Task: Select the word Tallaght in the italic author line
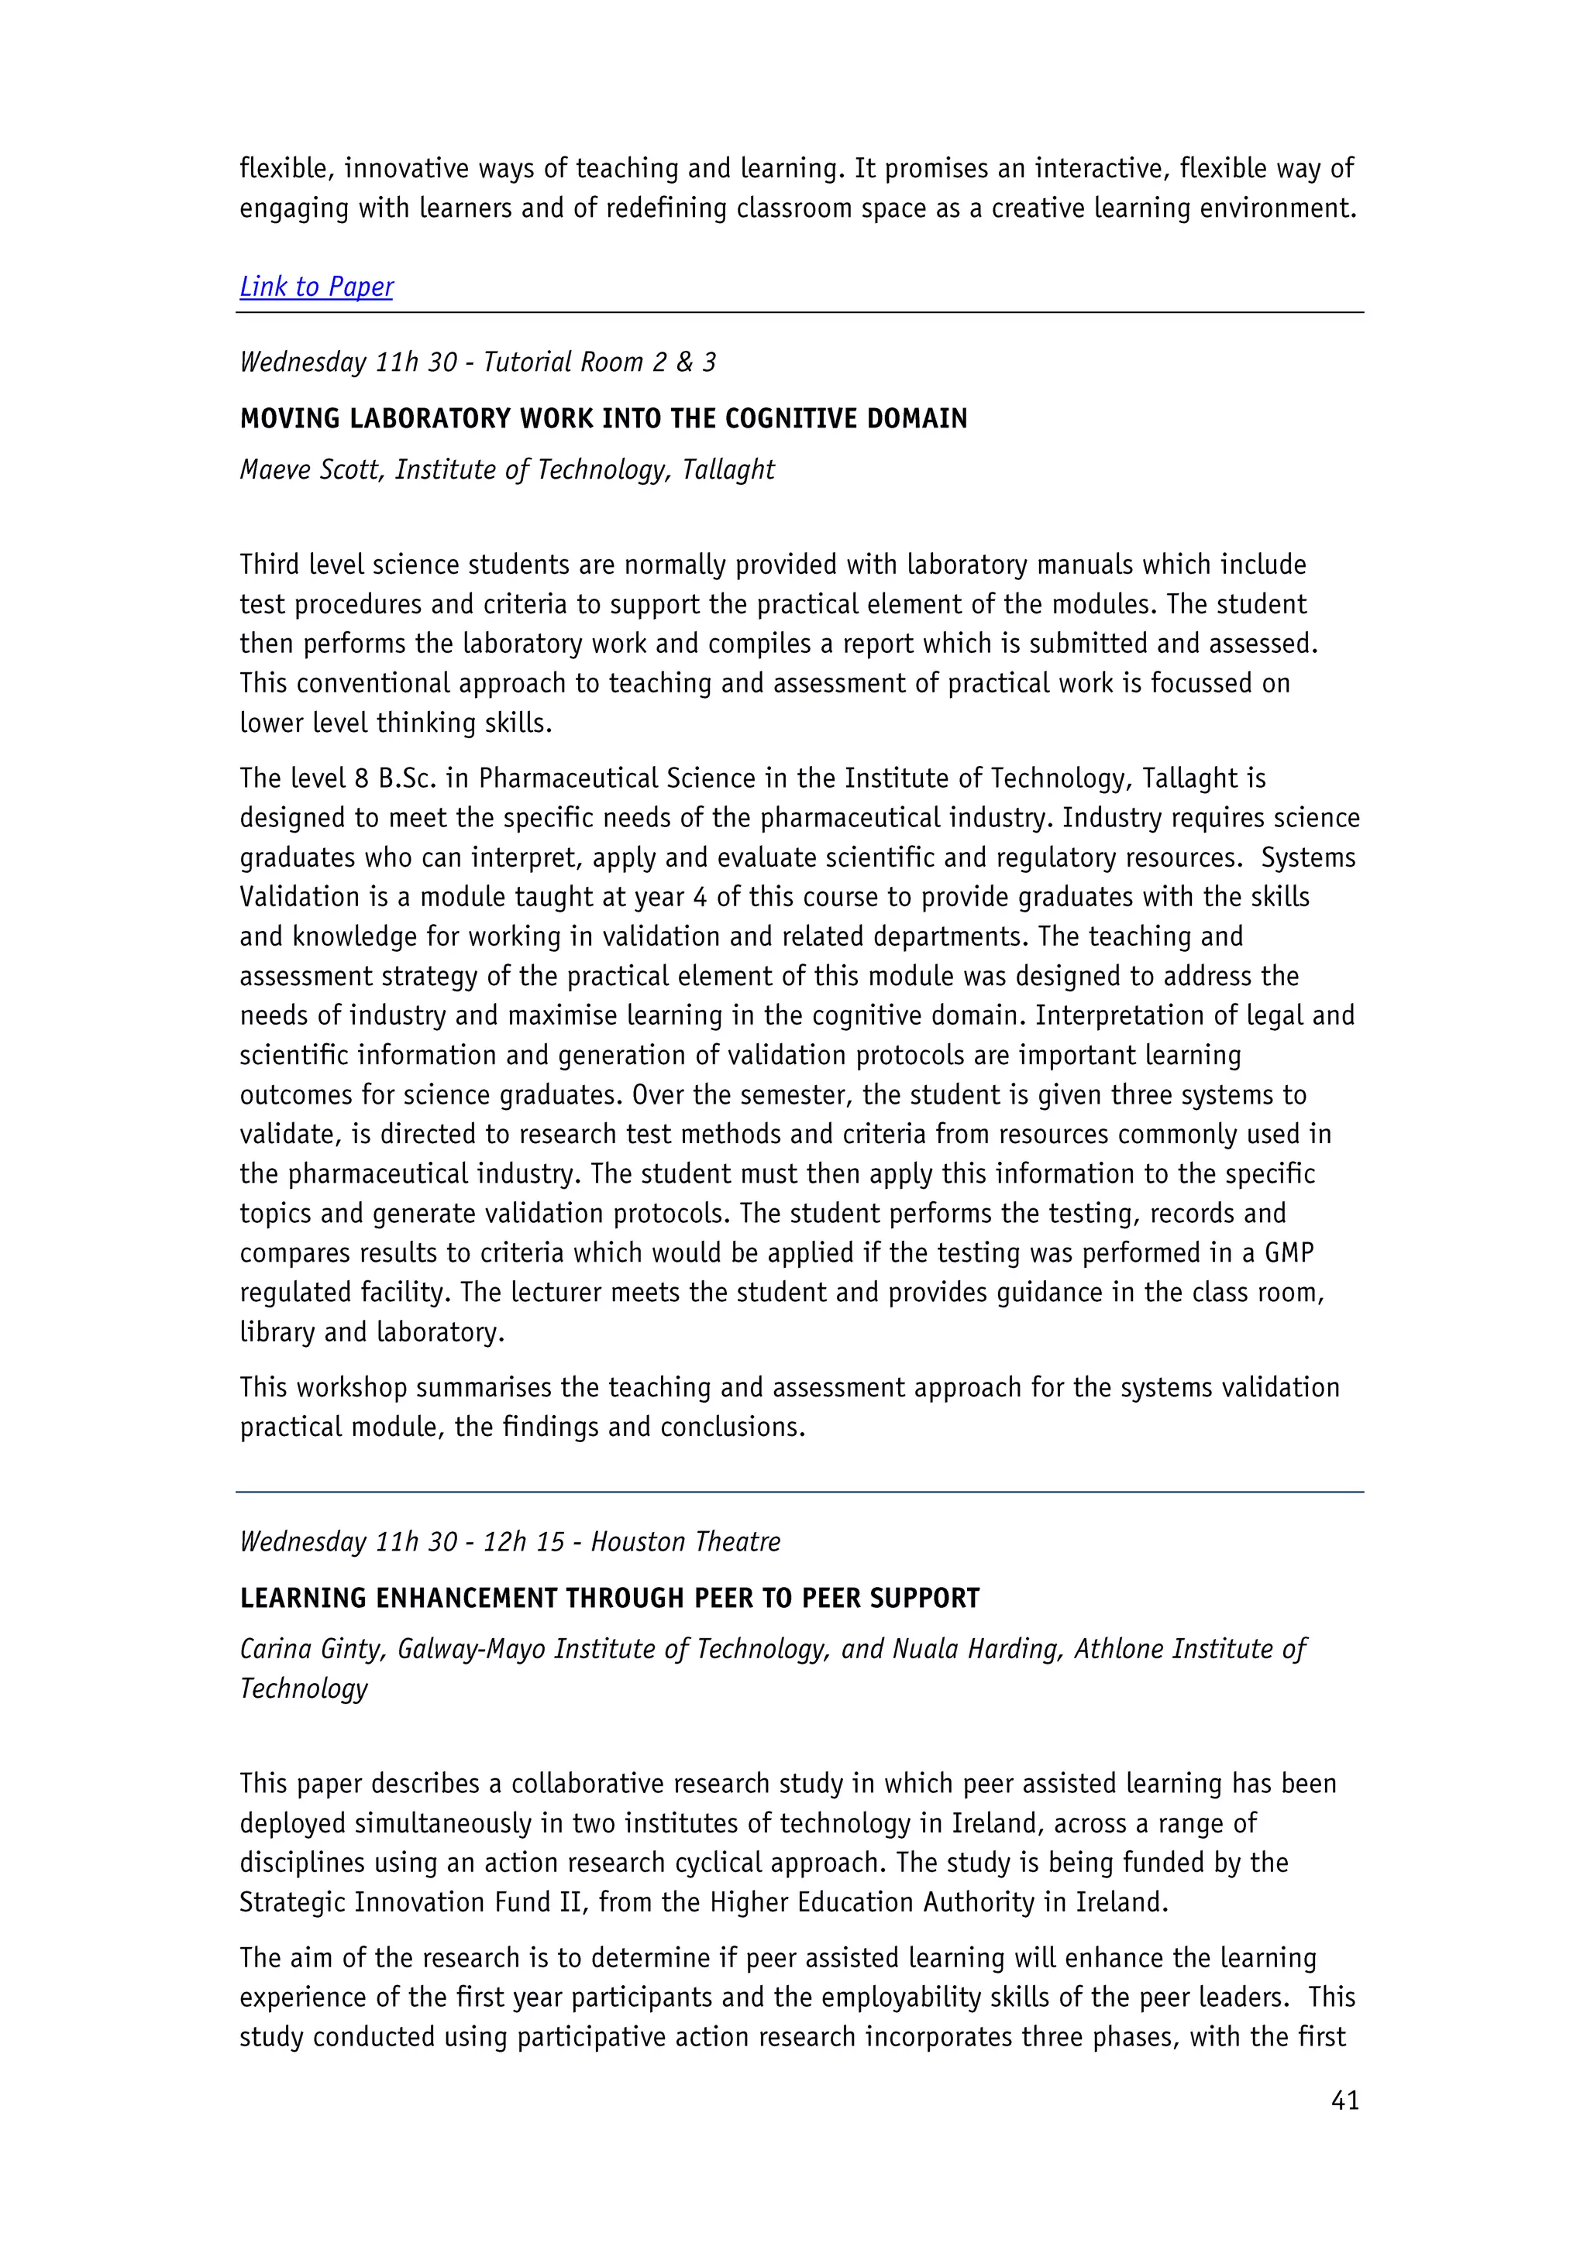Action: pyautogui.click(x=728, y=470)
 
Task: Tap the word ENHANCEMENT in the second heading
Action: pyautogui.click(x=467, y=1599)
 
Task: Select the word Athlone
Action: pyautogui.click(x=1119, y=1649)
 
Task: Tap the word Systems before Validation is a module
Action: pyautogui.click(x=1307, y=857)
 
